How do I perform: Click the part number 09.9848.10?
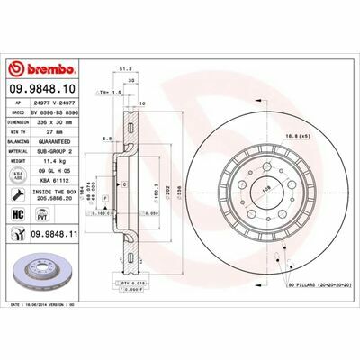[x=44, y=89]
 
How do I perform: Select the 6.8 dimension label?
[x=107, y=139]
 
